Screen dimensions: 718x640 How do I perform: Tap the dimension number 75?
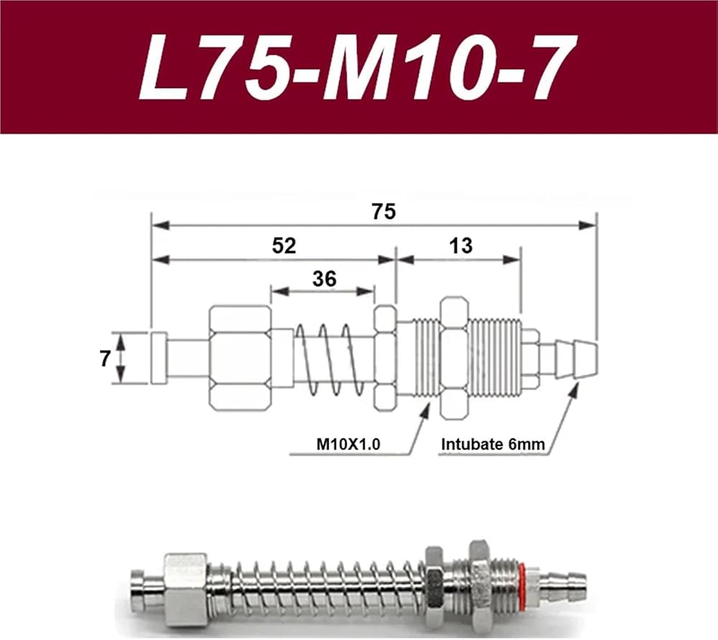click(x=383, y=212)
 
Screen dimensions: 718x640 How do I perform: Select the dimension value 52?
click(x=284, y=245)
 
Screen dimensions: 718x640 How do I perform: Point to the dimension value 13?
click(x=461, y=245)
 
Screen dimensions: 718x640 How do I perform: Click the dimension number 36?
click(x=325, y=278)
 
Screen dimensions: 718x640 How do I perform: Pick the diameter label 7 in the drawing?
click(x=106, y=359)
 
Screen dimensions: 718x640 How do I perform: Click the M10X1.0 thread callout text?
click(x=348, y=443)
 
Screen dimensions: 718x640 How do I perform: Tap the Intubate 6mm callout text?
click(x=493, y=443)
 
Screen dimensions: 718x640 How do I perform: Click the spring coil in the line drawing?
click(x=330, y=359)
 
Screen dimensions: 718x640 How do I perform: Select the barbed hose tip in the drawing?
click(x=576, y=359)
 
